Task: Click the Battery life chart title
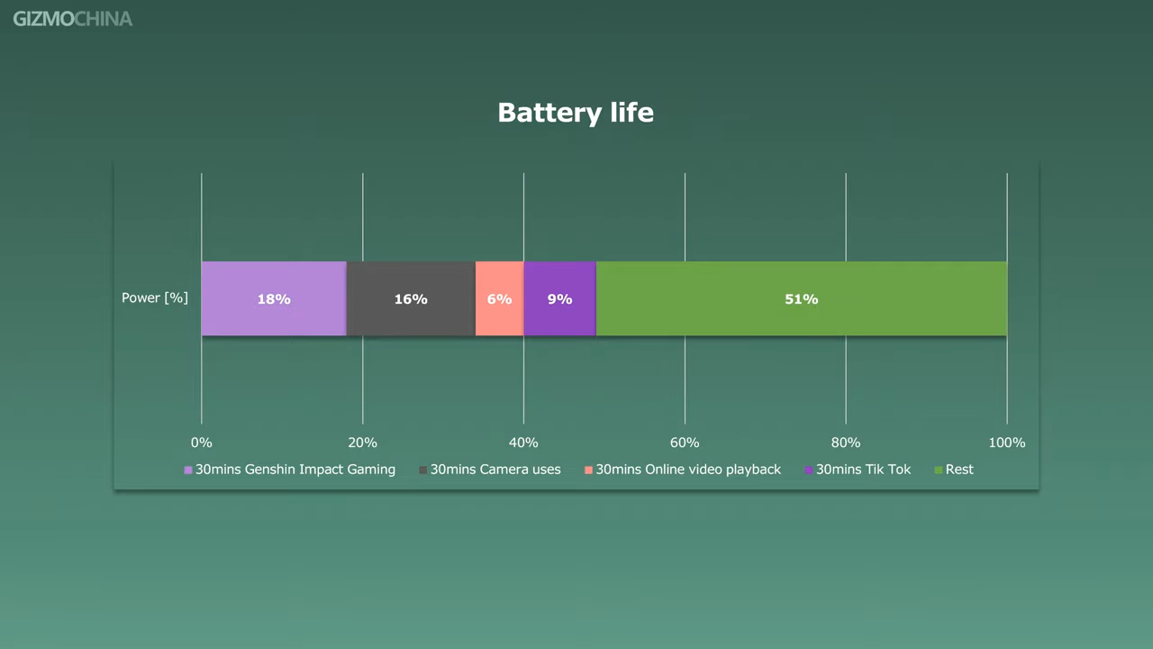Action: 576,113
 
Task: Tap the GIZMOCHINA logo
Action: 73,19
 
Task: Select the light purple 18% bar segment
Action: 274,298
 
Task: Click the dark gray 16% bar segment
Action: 411,298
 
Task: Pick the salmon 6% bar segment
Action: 499,298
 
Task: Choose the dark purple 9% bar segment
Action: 560,298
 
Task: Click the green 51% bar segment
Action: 802,298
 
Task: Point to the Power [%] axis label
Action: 154,297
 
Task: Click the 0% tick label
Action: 201,443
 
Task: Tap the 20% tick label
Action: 362,443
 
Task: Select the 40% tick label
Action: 523,443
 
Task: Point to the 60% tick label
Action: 685,443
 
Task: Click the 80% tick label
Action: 846,443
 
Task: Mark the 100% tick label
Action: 1007,443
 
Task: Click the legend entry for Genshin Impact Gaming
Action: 290,470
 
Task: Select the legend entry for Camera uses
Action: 490,470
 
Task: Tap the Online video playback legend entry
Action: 683,470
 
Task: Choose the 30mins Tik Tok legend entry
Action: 858,470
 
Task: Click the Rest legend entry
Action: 954,470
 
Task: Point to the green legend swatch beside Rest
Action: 939,470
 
